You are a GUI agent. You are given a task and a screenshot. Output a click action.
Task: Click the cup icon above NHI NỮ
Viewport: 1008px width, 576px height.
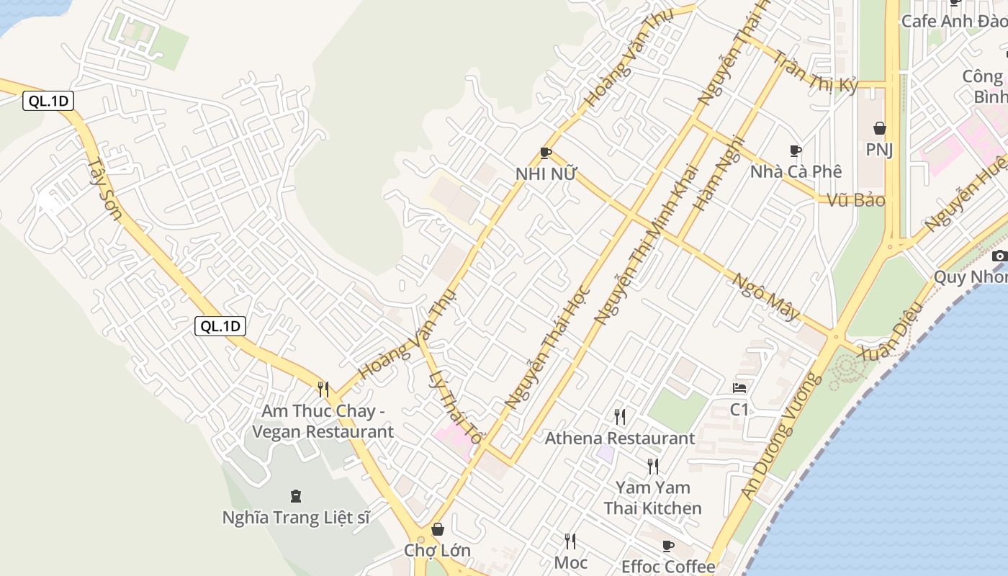(545, 153)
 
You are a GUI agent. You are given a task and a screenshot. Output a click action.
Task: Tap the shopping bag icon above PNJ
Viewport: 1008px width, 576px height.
(879, 129)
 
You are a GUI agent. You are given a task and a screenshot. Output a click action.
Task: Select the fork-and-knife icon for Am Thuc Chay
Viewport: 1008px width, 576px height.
(323, 390)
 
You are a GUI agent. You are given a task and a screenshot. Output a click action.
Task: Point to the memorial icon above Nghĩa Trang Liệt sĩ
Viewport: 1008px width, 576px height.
(295, 495)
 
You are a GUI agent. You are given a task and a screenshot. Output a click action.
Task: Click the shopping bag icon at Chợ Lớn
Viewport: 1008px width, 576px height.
(437, 529)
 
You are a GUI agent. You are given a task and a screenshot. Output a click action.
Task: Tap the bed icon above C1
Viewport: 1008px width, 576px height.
(739, 388)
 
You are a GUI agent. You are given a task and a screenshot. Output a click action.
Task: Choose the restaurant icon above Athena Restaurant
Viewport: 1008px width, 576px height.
(619, 416)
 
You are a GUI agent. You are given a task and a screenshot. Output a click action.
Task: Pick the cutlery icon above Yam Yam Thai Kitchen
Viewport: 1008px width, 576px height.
(652, 466)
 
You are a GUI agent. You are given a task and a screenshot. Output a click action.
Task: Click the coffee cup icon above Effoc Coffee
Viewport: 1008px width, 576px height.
(667, 546)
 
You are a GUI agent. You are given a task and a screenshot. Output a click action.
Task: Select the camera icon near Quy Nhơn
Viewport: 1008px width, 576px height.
(999, 256)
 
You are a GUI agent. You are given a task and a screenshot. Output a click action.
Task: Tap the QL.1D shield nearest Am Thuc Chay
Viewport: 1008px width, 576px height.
(220, 326)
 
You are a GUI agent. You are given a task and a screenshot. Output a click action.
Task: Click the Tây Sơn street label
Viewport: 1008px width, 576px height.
(105, 189)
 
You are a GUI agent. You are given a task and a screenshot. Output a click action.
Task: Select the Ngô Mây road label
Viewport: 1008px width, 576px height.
(766, 296)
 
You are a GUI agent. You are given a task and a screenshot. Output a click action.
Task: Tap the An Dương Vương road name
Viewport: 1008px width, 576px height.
(782, 434)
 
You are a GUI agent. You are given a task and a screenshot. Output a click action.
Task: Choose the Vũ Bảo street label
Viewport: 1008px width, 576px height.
(855, 200)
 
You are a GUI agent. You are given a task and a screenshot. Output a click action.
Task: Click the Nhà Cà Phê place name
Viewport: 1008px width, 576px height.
(796, 171)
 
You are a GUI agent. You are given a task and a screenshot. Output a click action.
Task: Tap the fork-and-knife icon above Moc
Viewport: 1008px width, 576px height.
(570, 540)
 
